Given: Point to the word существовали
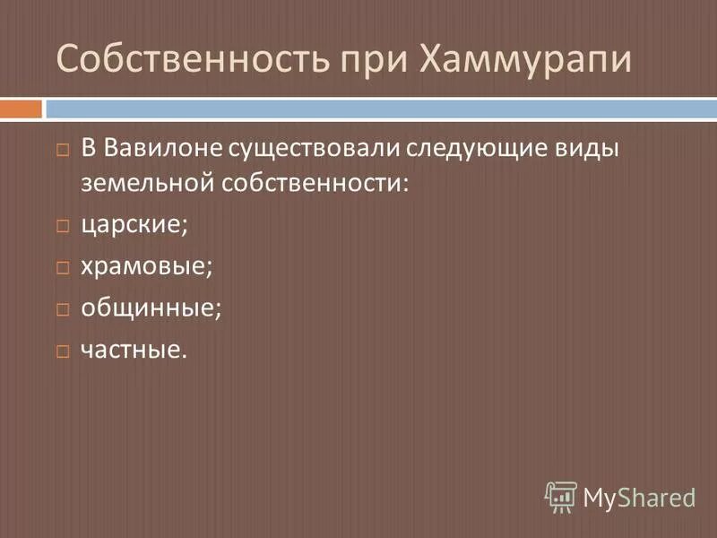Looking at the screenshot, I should [x=307, y=147].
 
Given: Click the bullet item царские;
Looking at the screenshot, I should [x=134, y=224].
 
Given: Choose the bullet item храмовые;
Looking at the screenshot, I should [x=147, y=266].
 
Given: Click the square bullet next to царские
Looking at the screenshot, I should [x=62, y=225].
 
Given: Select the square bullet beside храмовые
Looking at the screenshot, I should [x=62, y=267].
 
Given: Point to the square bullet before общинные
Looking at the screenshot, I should [x=62, y=309].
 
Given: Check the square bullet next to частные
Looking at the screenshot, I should [x=62, y=351].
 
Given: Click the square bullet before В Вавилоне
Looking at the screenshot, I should [x=62, y=148].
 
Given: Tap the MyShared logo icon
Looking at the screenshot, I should [x=560, y=495].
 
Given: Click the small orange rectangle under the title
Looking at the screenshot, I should [x=21, y=108].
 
